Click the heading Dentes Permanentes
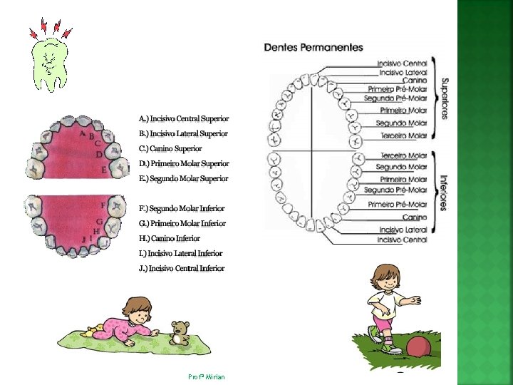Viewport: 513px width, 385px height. [313, 48]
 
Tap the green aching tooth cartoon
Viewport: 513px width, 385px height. [50, 63]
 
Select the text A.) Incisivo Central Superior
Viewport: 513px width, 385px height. [184, 118]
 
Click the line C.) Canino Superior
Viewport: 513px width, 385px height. [170, 148]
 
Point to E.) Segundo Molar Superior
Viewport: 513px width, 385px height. [184, 178]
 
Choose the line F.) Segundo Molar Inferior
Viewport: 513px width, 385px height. [182, 208]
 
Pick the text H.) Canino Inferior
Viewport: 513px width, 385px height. [170, 238]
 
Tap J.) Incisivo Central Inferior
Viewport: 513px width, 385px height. [182, 268]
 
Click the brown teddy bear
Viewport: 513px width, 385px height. [180, 333]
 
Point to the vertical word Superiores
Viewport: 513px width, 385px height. [444, 98]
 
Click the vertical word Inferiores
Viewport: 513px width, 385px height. [443, 192]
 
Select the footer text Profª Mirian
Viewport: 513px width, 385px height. [207, 376]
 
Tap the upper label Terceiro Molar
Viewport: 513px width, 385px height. [403, 135]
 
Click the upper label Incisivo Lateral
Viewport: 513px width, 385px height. [403, 72]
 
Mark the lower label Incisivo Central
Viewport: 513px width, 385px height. [402, 240]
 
